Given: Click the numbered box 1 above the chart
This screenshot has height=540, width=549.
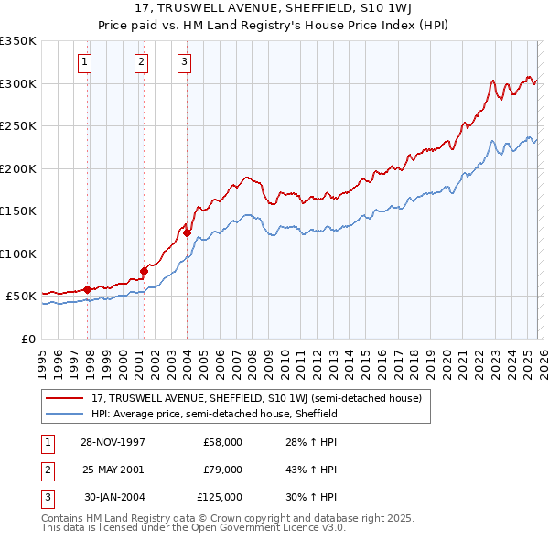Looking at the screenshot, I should coord(84,62).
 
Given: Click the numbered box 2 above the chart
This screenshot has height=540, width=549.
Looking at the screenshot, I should coord(141,62).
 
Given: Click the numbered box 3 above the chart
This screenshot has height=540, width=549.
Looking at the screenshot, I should coord(184,62).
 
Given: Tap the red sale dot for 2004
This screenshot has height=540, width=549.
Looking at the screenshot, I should coord(187,232).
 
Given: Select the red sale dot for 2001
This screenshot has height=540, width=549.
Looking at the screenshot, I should coord(144,271).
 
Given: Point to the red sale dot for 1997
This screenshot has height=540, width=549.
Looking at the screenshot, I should coord(88,289).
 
